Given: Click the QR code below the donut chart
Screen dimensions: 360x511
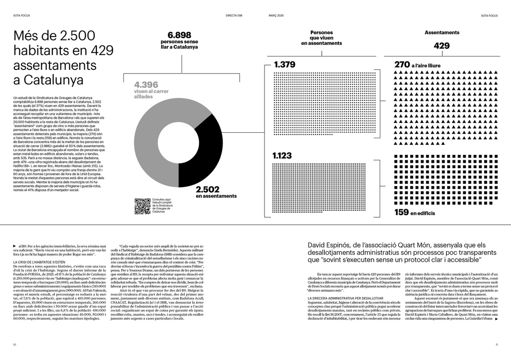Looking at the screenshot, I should pos(143,206).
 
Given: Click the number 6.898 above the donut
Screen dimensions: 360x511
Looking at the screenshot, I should pos(179,35).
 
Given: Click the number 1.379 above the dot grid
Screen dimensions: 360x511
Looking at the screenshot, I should pos(285,64).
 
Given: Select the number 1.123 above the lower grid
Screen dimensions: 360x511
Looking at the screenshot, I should pos(282,156).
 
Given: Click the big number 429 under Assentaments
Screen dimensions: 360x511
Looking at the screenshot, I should pos(442,46).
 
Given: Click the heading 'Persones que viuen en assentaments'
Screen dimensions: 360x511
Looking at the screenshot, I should pos(321,38).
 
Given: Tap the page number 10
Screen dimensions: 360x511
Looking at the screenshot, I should pos(15,345).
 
